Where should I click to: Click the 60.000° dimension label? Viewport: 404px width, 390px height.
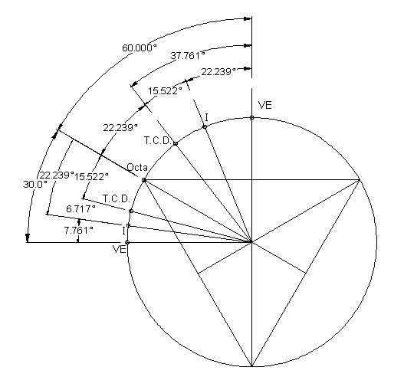pos(139,48)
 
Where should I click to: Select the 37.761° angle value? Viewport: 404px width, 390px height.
pos(188,56)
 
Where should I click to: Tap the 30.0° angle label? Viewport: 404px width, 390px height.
pos(35,185)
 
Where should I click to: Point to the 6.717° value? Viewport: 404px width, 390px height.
pos(80,208)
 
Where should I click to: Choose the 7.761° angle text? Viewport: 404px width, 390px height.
pos(79,230)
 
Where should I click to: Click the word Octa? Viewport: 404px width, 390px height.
pos(137,168)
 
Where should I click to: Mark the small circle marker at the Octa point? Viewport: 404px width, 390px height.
pos(144,180)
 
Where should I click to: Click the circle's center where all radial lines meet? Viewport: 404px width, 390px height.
pos(251,242)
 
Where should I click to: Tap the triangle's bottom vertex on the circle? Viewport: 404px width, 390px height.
pos(251,366)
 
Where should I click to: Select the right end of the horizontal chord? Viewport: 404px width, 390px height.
pos(360,179)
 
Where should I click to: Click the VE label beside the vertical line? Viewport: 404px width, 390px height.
pos(265,106)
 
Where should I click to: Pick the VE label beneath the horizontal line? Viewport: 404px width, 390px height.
pos(120,249)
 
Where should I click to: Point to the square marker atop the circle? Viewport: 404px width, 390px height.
pos(251,118)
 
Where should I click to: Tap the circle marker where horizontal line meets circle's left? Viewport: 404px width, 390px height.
pos(126,242)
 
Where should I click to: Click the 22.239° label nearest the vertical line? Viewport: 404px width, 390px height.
pos(218,71)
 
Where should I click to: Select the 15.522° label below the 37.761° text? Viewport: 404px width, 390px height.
pos(165,91)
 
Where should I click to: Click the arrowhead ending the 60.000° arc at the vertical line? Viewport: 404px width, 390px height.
pos(248,18)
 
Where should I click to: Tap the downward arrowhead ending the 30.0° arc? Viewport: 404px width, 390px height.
pos(28,238)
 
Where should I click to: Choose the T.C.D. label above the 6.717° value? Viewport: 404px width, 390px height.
pos(117,199)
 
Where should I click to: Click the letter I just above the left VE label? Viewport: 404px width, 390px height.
pos(124,231)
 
